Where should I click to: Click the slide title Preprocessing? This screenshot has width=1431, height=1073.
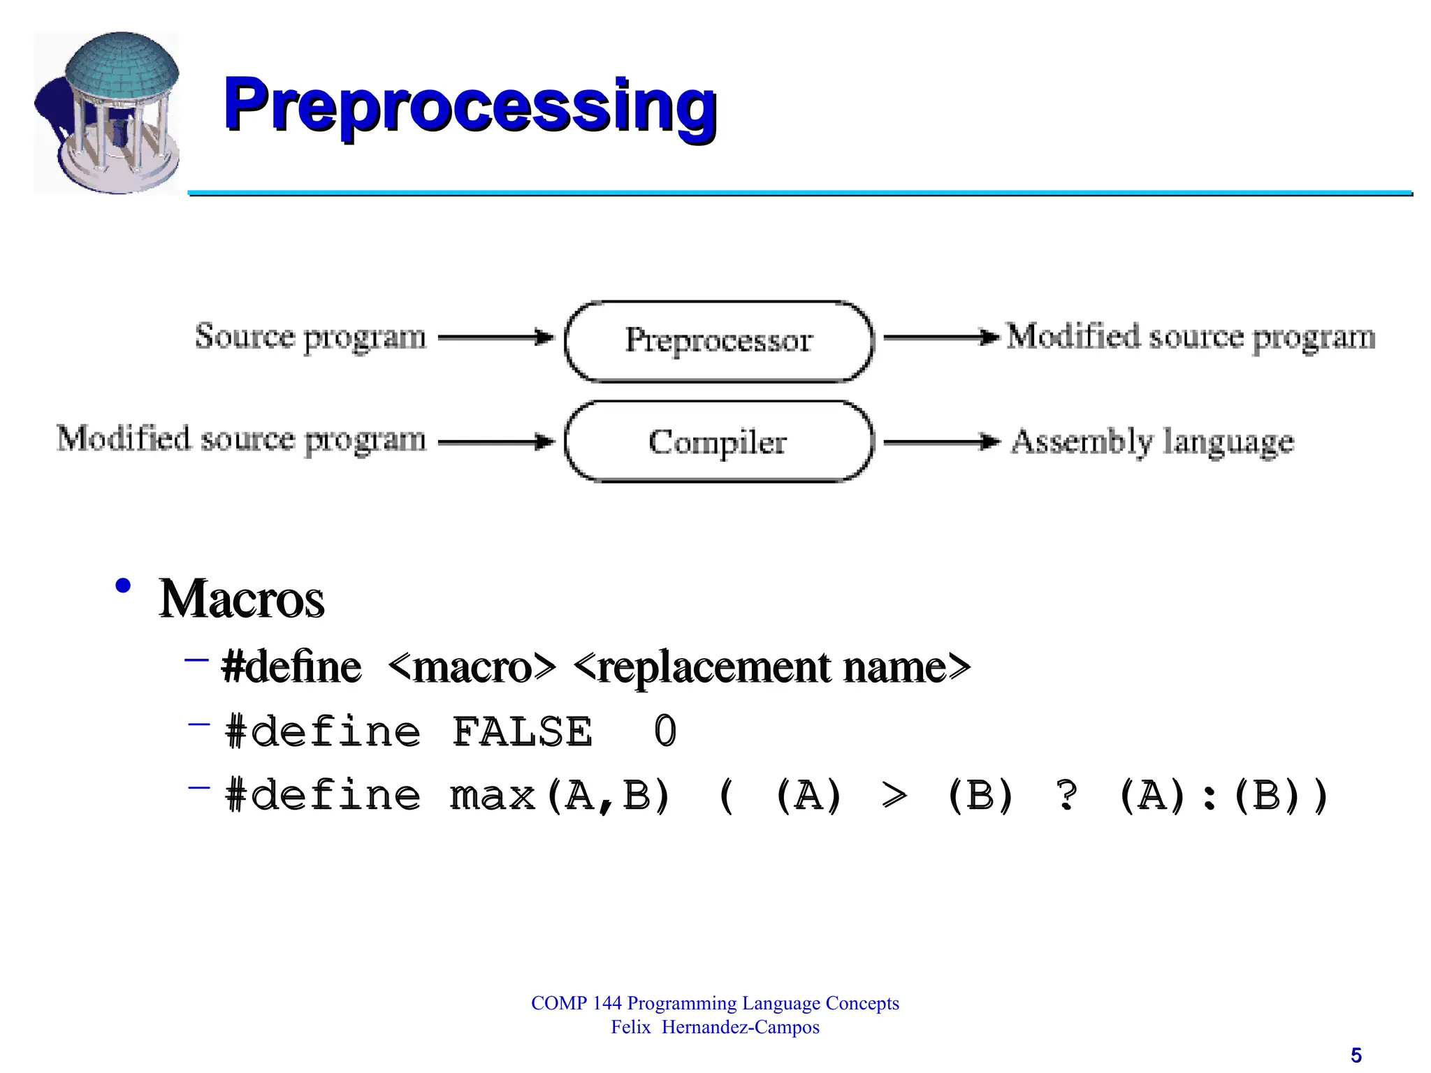coord(470,106)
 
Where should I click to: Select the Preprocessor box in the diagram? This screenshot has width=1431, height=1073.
coord(718,341)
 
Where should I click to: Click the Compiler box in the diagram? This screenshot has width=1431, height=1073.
coord(718,441)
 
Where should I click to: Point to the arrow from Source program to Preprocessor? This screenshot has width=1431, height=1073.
coord(495,337)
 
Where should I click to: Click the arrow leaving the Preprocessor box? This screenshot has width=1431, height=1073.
coord(940,337)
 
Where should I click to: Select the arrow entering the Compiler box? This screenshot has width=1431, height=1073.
coord(495,441)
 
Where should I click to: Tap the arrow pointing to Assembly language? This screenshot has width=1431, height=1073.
coord(940,441)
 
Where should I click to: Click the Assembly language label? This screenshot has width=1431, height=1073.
coord(1152,441)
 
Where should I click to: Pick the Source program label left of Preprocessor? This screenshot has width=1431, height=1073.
coord(310,337)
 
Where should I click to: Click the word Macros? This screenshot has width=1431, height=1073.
coord(242,599)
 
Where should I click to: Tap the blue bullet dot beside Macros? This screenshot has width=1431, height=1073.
coord(124,585)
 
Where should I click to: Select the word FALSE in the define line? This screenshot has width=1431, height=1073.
coord(522,732)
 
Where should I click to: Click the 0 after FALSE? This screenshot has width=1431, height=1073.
coord(665,732)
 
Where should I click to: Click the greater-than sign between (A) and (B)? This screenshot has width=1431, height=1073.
coord(895,796)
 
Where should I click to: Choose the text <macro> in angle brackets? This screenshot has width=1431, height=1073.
coord(472,667)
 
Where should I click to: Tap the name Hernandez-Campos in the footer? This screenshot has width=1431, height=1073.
coord(741,1028)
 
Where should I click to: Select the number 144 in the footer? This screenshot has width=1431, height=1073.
coord(606,1004)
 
